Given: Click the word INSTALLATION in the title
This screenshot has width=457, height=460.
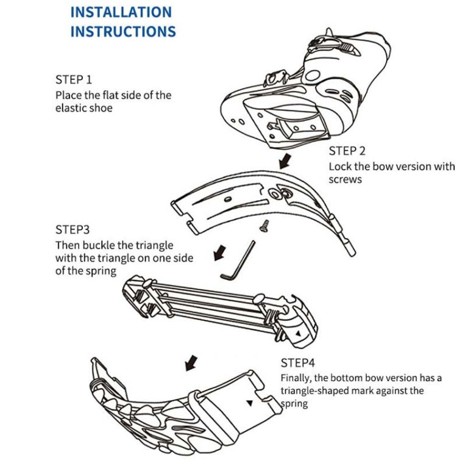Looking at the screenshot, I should click(x=121, y=12).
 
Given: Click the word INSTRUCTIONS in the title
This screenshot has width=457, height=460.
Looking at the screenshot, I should click(x=122, y=32).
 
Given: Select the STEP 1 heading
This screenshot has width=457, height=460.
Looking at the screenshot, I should click(x=74, y=80).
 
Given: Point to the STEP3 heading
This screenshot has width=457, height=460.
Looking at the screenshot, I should click(x=73, y=230).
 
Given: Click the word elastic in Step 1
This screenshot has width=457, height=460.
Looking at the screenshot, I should click(x=71, y=109).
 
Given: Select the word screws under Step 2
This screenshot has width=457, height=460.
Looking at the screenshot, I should click(x=345, y=179).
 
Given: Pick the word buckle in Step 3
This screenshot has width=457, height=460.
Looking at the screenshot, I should click(x=99, y=245).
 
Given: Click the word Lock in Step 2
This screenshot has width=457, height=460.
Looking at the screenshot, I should click(x=339, y=166).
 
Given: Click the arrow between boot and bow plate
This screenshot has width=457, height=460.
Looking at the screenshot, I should click(x=284, y=162).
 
